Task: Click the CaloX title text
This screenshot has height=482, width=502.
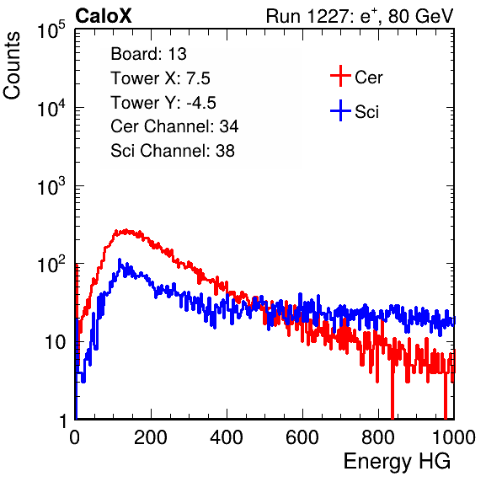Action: point(104,16)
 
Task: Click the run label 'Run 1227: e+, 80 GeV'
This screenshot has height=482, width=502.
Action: point(360,16)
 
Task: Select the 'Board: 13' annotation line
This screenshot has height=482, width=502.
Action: point(148,54)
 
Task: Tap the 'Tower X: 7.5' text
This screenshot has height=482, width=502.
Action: point(160,78)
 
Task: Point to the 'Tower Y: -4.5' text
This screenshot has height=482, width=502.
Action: point(163,103)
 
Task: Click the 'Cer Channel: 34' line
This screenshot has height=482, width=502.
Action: point(174,126)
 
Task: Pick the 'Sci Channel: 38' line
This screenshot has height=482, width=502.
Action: point(173,151)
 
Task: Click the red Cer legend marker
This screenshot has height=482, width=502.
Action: point(340,76)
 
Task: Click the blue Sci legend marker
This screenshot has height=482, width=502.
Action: point(340,111)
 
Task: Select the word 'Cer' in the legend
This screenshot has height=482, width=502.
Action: point(368,78)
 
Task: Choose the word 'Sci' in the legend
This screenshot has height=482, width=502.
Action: point(366,112)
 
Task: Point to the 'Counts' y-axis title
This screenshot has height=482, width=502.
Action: point(12,66)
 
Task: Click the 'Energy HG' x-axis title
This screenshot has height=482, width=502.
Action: point(397,462)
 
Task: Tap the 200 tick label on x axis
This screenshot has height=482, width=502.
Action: point(151,437)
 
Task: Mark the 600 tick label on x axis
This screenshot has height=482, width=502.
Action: point(302,437)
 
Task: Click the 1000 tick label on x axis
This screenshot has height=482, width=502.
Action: point(454,437)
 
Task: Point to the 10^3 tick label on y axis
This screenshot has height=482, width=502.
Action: point(51,186)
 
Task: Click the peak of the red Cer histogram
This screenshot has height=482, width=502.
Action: point(126,230)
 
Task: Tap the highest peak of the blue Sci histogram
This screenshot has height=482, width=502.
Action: point(120,260)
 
